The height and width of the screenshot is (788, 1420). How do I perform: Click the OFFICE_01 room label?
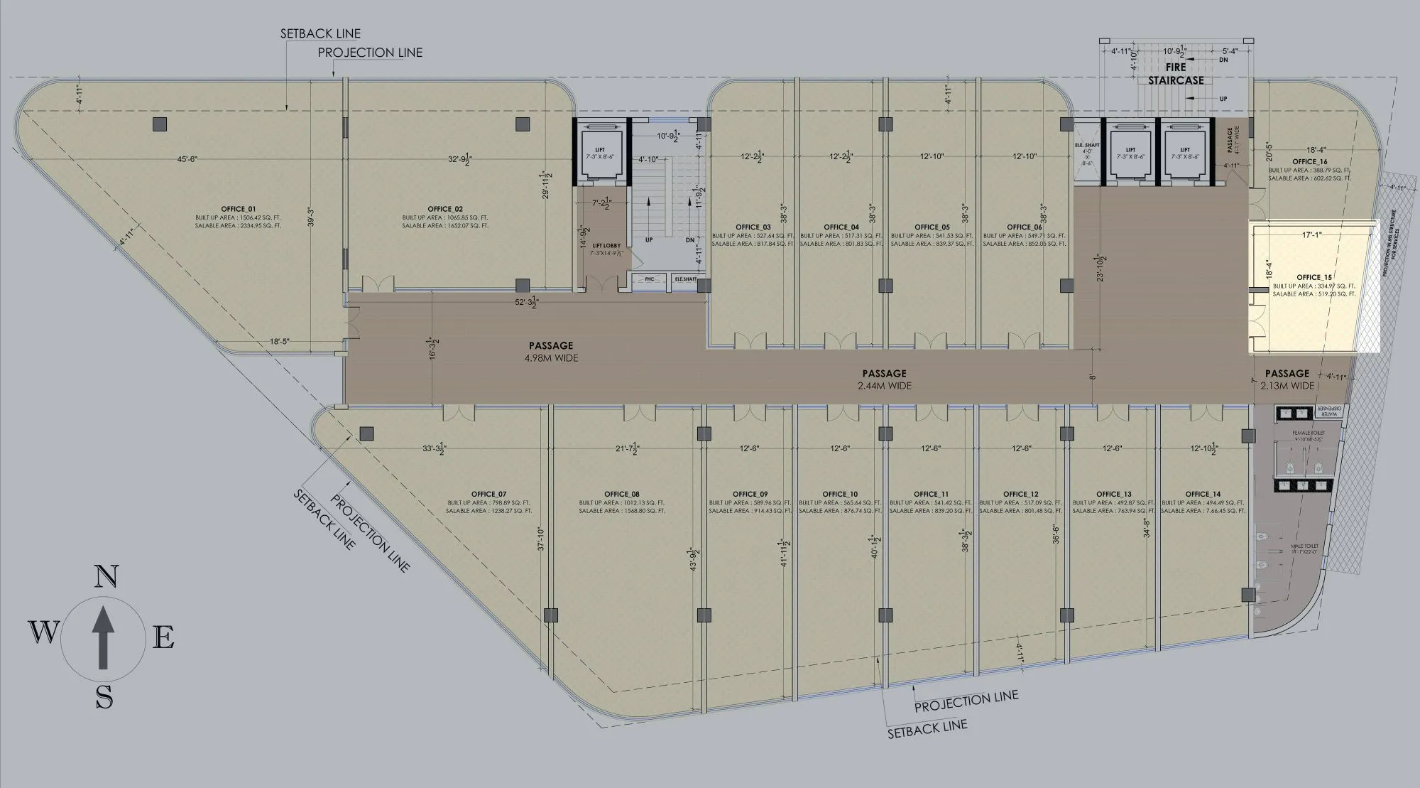tap(238, 209)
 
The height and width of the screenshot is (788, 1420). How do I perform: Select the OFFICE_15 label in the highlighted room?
tap(1314, 277)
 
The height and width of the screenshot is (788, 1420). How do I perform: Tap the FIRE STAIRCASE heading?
tap(1176, 74)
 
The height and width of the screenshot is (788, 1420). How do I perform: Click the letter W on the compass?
tap(43, 631)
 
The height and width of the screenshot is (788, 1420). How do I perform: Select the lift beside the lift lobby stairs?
tap(600, 153)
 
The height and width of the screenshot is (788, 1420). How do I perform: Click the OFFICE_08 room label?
tap(622, 494)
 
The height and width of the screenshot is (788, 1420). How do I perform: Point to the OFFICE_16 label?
tap(1309, 162)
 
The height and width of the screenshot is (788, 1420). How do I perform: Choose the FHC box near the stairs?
tap(649, 280)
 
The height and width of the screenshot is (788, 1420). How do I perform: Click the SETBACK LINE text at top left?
tap(320, 33)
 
